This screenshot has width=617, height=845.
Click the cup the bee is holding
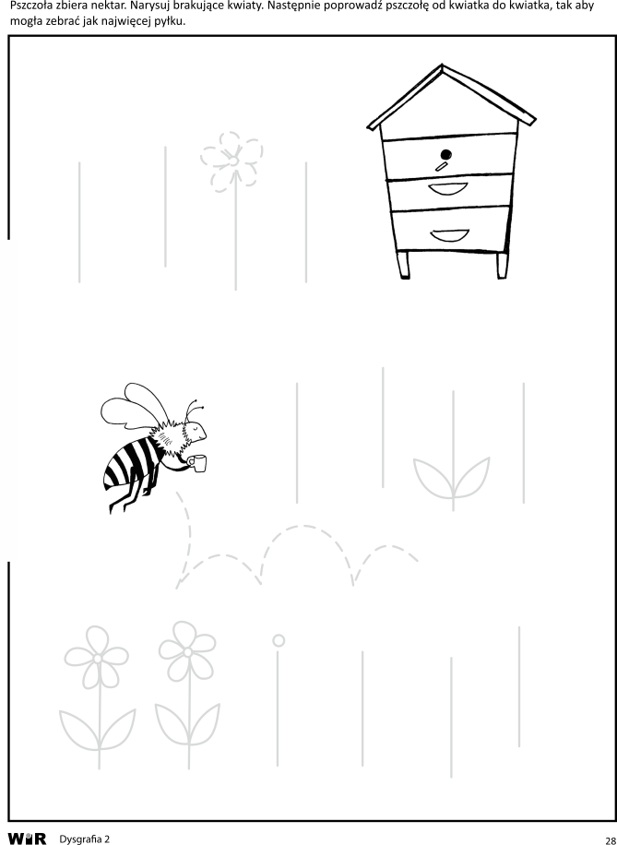pyautogui.click(x=199, y=464)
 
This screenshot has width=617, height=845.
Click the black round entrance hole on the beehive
pyautogui.click(x=446, y=155)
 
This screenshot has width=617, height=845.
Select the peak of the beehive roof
pyautogui.click(x=442, y=65)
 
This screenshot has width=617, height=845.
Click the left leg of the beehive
pyautogui.click(x=403, y=265)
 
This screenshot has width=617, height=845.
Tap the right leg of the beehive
pyautogui.click(x=503, y=265)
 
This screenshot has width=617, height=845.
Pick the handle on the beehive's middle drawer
pyautogui.click(x=448, y=188)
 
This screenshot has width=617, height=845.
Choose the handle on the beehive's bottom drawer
pyautogui.click(x=449, y=235)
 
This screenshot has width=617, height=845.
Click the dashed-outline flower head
pyautogui.click(x=231, y=161)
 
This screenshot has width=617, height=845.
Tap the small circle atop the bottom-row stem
pyautogui.click(x=279, y=640)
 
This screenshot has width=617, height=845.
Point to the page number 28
pyautogui.click(x=611, y=839)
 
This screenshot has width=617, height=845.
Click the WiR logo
pyautogui.click(x=27, y=839)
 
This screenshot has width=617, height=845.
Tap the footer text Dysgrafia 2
pyautogui.click(x=85, y=839)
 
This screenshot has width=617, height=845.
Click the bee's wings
pyautogui.click(x=135, y=407)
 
